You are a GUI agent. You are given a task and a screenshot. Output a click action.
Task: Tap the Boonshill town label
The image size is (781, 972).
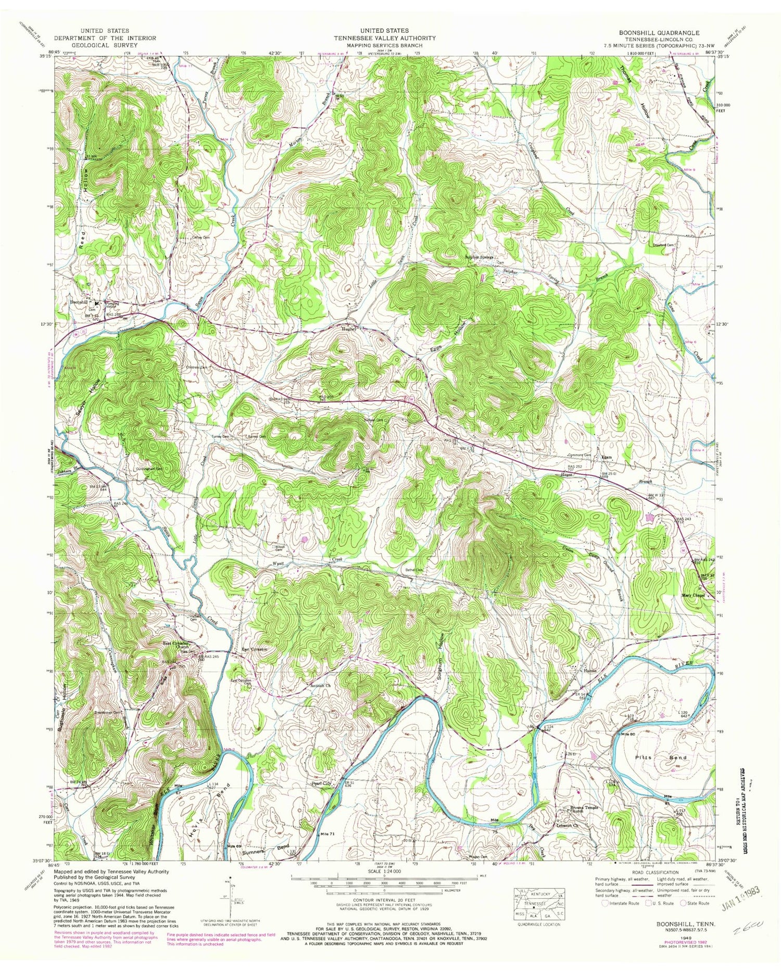(80, 302)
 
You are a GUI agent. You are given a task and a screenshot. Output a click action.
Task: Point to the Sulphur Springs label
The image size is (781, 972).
(479, 257)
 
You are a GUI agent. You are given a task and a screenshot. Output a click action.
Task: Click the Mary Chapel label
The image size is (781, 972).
(693, 595)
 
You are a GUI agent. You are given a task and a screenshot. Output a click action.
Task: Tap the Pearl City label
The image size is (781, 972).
(322, 783)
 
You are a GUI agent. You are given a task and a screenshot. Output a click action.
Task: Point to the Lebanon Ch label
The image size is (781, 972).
(564, 826)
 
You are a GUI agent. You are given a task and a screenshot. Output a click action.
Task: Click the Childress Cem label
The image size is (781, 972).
(197, 368)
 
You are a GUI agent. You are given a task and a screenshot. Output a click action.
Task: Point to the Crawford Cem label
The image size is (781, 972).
(663, 245)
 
